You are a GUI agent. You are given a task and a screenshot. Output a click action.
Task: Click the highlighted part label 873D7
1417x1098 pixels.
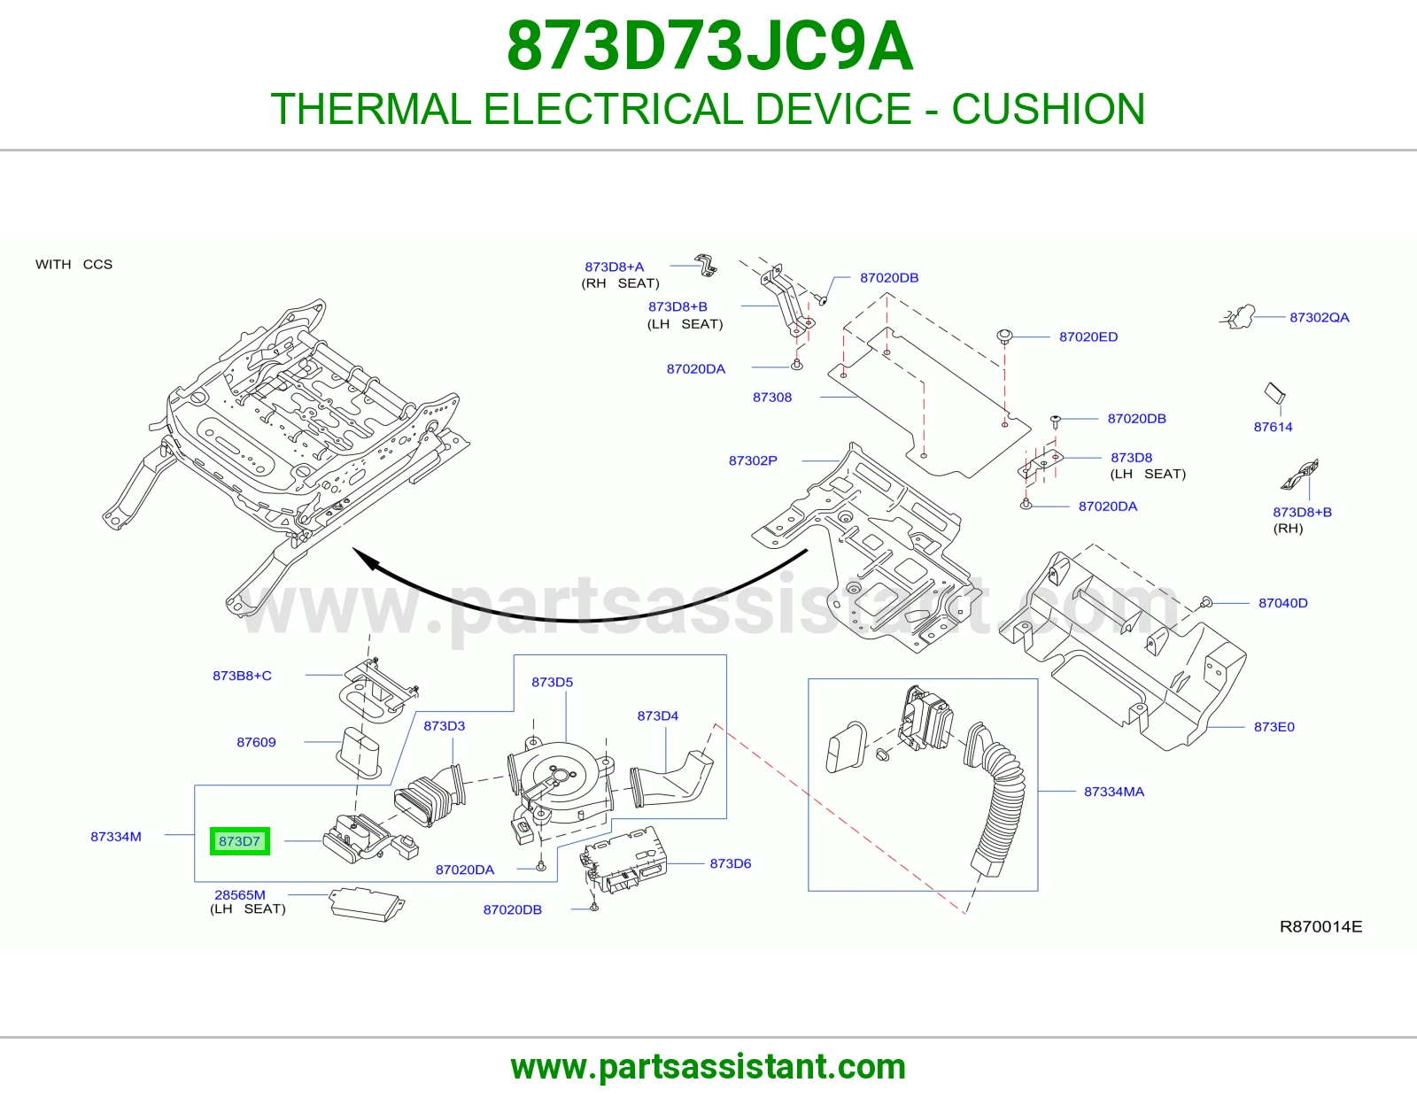pos(239,841)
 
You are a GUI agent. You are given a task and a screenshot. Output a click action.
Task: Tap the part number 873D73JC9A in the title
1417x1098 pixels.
pos(709,46)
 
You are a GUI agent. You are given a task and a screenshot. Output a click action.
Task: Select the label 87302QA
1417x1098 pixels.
pos(1320,318)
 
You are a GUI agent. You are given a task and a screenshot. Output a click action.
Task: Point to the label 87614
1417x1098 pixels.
pos(1273,427)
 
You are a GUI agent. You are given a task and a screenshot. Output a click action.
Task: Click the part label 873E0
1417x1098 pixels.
pos(1274,727)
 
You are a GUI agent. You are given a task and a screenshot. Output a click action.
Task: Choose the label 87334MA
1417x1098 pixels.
pos(1114,792)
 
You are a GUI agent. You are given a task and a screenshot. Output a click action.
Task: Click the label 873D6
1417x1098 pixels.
pos(731,863)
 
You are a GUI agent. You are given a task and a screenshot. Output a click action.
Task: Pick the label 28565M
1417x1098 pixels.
pos(240,895)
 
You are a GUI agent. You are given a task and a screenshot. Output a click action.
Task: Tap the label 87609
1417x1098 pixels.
pos(256,742)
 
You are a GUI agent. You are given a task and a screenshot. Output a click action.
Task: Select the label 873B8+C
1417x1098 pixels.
pos(242,676)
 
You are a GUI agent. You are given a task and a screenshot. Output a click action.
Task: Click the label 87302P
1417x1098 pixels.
pos(753,460)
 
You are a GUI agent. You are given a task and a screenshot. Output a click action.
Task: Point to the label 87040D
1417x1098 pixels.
pos(1282,603)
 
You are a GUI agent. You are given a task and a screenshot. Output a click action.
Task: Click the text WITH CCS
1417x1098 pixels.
pos(74,264)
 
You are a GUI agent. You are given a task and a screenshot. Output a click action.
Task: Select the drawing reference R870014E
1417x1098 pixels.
pos(1320,926)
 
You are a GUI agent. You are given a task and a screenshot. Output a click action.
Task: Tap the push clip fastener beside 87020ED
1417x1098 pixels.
pos(1004,337)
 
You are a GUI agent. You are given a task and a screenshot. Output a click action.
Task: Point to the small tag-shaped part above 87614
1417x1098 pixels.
pos(1274,393)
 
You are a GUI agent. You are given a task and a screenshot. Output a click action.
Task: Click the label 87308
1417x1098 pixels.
pos(772,397)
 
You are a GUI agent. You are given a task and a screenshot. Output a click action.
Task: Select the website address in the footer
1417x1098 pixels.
pos(708,1067)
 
